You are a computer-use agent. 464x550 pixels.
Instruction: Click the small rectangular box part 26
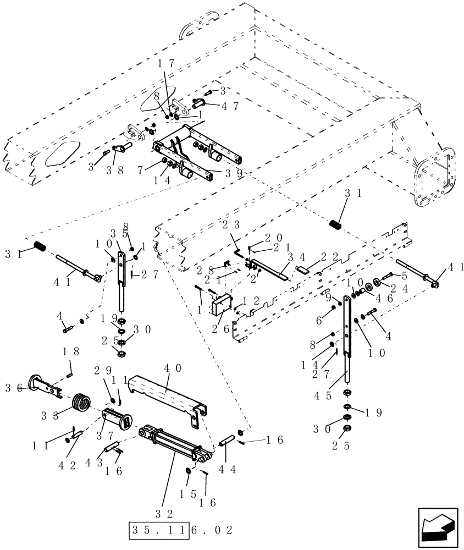[223, 304]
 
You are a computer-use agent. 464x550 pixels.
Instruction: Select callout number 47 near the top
[230, 107]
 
